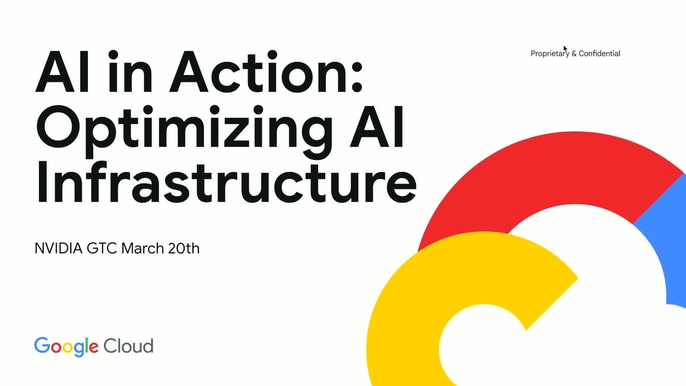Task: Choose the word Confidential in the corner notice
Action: [x=599, y=54]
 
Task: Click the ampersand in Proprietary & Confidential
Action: [x=574, y=54]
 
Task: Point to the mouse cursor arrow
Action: [x=565, y=49]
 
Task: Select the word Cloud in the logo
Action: [x=128, y=346]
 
